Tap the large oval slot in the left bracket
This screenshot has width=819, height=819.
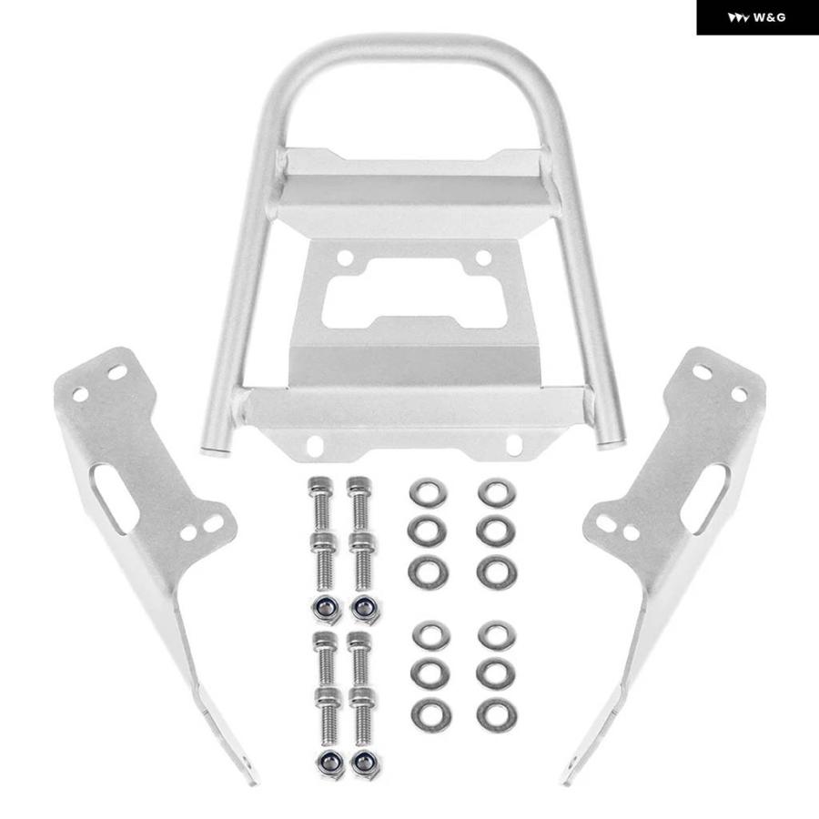(114, 498)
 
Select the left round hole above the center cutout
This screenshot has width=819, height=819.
(345, 258)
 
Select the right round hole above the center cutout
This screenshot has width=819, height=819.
(483, 258)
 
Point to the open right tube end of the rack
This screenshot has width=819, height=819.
(612, 444)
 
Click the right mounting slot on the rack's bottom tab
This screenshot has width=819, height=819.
(514, 444)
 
